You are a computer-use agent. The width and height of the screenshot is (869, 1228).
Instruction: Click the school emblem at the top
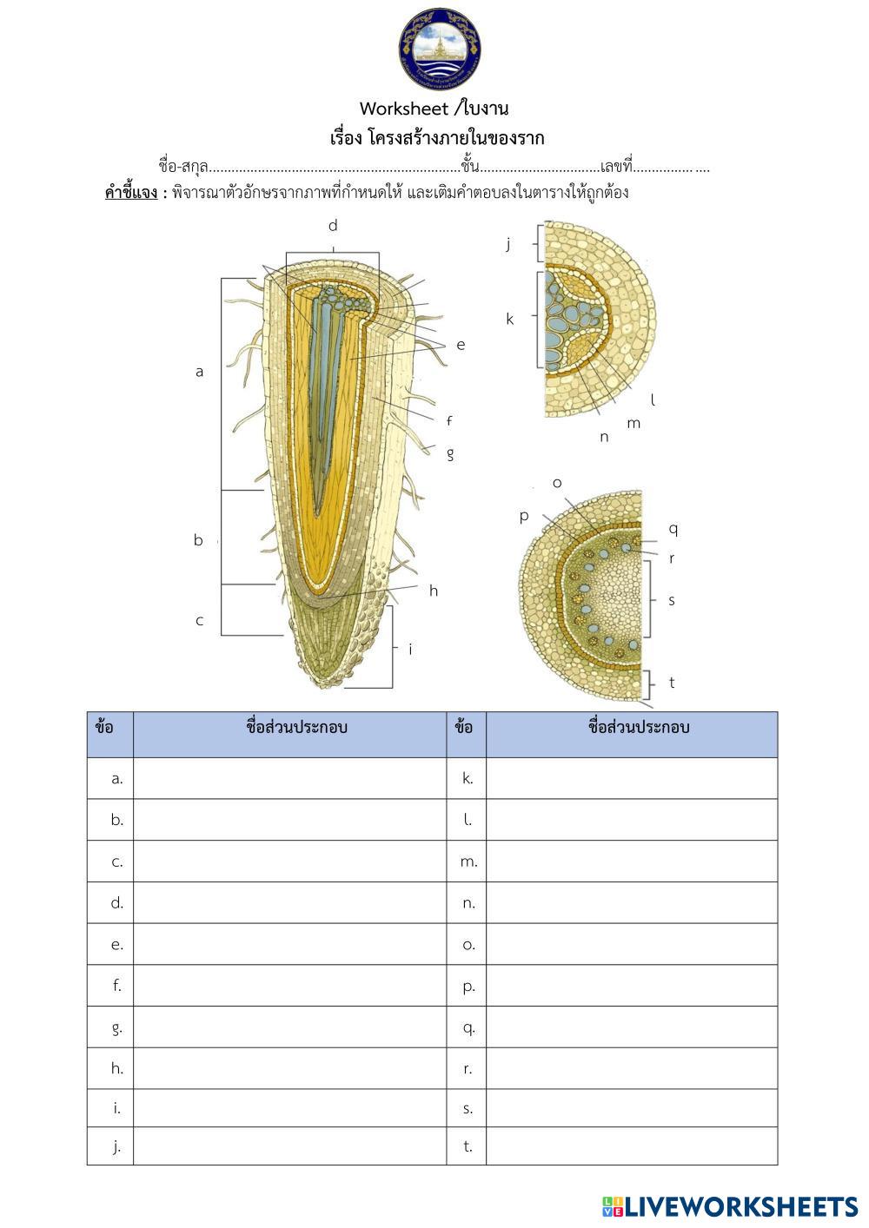pyautogui.click(x=440, y=49)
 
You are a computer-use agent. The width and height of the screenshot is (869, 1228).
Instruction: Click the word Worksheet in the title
pyautogui.click(x=403, y=109)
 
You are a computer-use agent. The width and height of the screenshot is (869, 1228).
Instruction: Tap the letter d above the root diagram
pyautogui.click(x=333, y=226)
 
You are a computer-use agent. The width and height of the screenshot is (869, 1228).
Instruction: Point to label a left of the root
pyautogui.click(x=199, y=372)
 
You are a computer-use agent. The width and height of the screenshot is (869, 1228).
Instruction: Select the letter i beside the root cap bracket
pyautogui.click(x=410, y=649)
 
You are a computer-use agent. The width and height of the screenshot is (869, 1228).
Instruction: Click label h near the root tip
pyautogui.click(x=433, y=591)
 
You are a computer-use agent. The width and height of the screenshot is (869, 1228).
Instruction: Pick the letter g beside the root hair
pyautogui.click(x=450, y=453)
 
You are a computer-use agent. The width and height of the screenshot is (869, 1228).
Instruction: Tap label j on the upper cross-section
pyautogui.click(x=508, y=244)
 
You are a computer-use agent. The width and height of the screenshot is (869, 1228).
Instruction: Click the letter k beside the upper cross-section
pyautogui.click(x=510, y=319)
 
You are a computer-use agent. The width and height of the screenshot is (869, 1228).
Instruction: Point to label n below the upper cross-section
pyautogui.click(x=604, y=437)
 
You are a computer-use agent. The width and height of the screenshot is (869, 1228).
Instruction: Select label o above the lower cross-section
pyautogui.click(x=557, y=483)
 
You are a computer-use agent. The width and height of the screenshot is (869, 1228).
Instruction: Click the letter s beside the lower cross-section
pyautogui.click(x=671, y=600)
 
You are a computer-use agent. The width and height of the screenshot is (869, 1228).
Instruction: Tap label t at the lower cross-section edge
pyautogui.click(x=672, y=683)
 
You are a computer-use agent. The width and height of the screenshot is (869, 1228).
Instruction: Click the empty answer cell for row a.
pyautogui.click(x=289, y=778)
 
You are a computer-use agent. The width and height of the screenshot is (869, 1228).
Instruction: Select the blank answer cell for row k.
pyautogui.click(x=631, y=778)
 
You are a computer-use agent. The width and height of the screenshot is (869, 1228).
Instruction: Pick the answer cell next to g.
pyautogui.click(x=289, y=1027)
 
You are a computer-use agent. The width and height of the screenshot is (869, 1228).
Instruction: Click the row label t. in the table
pyautogui.click(x=468, y=1146)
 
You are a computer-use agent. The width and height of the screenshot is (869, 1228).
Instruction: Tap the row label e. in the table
pyautogui.click(x=117, y=945)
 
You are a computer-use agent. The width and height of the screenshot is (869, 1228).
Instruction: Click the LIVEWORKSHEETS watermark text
pyautogui.click(x=740, y=1206)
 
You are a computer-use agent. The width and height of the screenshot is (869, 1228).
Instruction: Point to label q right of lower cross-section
pyautogui.click(x=673, y=529)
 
